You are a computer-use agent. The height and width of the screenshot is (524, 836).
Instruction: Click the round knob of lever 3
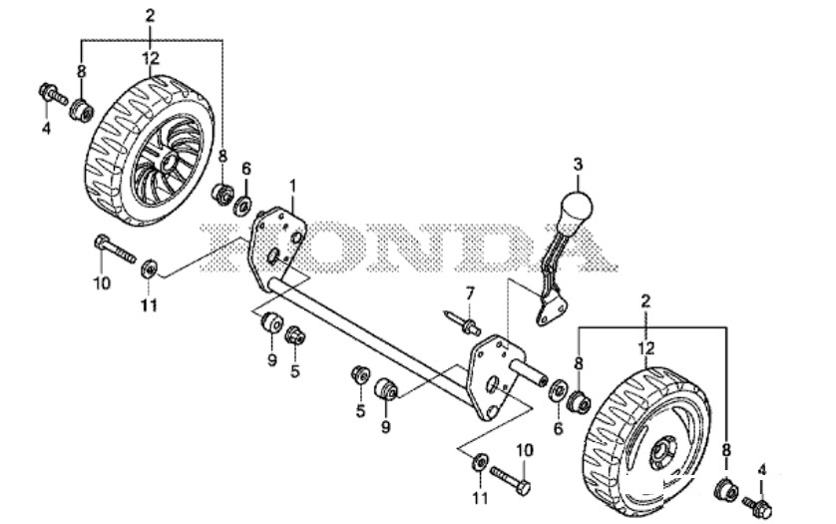[576, 209]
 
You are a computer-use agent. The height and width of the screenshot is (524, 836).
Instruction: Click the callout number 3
[579, 165]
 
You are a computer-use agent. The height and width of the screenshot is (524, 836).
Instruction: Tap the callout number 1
[292, 187]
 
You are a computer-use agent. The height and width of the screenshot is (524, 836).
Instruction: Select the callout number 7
[470, 293]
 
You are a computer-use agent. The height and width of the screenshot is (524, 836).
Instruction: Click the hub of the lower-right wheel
[662, 452]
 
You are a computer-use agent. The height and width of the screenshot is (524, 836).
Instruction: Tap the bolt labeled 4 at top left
[53, 94]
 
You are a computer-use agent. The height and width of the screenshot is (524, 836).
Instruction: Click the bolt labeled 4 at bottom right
[757, 507]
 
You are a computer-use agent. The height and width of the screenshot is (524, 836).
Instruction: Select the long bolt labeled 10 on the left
[115, 249]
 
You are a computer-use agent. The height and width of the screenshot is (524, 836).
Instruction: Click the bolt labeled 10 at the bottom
[510, 479]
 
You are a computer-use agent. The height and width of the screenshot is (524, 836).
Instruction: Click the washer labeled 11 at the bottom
[481, 461]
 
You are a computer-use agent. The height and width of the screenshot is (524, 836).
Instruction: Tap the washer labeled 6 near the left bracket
[243, 205]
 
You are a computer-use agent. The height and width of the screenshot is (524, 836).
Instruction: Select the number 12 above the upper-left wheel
[151, 58]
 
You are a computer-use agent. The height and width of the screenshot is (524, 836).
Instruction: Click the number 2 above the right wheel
[646, 301]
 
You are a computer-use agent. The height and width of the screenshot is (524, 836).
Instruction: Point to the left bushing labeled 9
[272, 321]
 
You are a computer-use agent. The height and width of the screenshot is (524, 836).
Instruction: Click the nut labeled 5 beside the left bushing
[294, 335]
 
